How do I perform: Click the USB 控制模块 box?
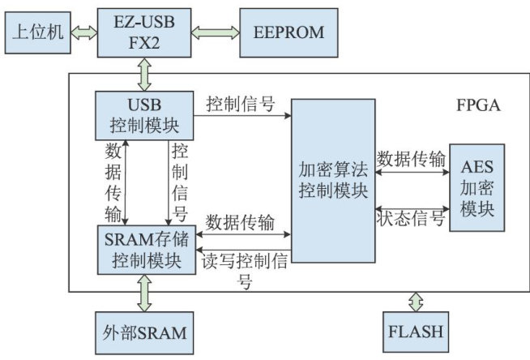click(x=144, y=116)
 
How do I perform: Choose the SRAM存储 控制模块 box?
click(x=144, y=251)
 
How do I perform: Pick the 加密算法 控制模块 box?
click(x=333, y=181)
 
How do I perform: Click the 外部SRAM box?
click(x=144, y=332)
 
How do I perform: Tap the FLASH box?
click(x=415, y=332)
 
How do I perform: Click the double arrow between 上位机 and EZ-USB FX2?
click(x=83, y=32)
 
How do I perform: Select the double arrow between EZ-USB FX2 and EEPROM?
click(x=216, y=32)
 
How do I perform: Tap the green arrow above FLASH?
click(x=416, y=302)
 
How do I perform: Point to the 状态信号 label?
click(x=412, y=220)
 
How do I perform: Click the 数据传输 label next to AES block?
click(x=412, y=160)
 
